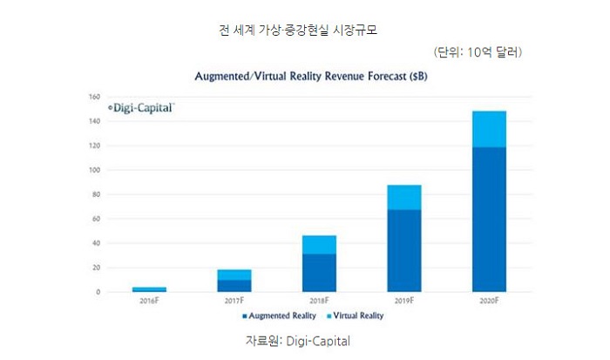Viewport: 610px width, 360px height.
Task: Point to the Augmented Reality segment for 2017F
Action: (234, 285)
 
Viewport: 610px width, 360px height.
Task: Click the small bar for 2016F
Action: (149, 289)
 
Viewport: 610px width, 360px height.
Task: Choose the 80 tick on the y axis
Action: (97, 194)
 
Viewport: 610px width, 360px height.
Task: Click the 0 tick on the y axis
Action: (98, 292)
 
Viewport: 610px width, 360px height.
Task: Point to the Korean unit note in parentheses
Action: (477, 53)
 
